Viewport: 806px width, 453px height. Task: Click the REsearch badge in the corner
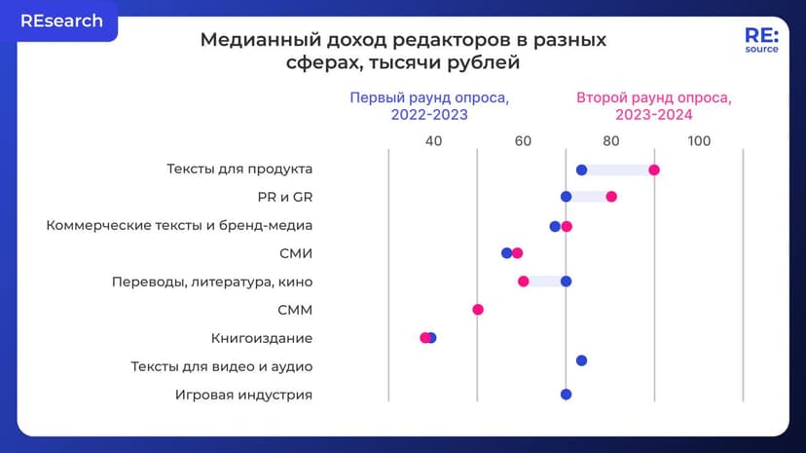pos(60,21)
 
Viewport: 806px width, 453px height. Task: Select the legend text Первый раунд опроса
pos(429,98)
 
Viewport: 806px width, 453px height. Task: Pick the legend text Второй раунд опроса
pos(653,98)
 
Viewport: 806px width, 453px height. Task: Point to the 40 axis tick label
pos(433,140)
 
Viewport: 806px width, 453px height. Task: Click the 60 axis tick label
pos(523,140)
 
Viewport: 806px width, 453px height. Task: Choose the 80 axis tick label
pos(611,140)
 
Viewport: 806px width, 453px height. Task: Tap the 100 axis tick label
pos(699,140)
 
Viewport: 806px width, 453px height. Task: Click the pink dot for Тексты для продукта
pos(654,170)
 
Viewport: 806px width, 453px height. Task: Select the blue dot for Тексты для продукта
pos(581,170)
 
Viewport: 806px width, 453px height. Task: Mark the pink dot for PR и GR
pos(611,197)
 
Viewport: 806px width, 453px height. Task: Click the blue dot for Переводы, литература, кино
pos(566,282)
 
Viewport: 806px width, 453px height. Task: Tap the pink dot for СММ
pos(478,310)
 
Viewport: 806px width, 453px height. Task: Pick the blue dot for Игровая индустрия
pos(566,395)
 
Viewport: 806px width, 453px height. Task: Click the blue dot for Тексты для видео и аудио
pos(581,360)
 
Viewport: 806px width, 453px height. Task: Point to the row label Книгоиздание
pos(262,338)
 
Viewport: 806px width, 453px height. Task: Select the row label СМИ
pos(296,253)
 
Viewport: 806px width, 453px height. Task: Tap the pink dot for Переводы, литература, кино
pos(523,282)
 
